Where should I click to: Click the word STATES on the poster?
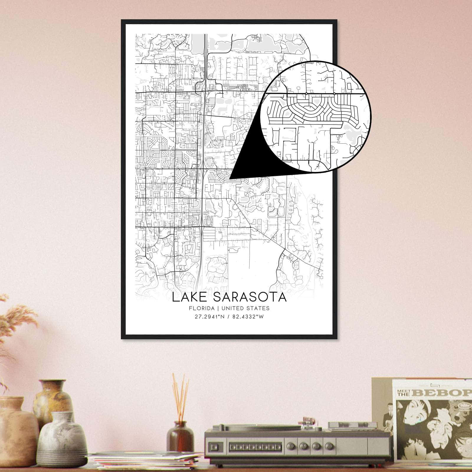(259, 308)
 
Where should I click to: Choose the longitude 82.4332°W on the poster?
(247, 317)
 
